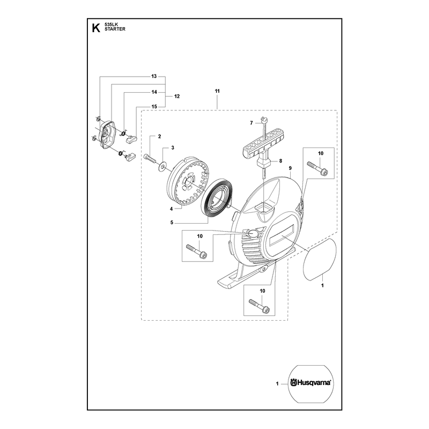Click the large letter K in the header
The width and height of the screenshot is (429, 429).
[96, 28]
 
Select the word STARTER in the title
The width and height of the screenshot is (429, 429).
[115, 29]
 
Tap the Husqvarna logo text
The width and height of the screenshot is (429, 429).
[310, 383]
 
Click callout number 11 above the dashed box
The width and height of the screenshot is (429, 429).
[217, 91]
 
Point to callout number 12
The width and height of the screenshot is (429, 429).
[177, 97]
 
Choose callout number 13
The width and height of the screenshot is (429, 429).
[154, 76]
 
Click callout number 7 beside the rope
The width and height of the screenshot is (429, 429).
[252, 123]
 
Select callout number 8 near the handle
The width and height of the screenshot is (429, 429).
[280, 161]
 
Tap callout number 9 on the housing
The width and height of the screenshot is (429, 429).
[290, 168]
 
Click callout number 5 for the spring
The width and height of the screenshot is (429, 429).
[172, 223]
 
